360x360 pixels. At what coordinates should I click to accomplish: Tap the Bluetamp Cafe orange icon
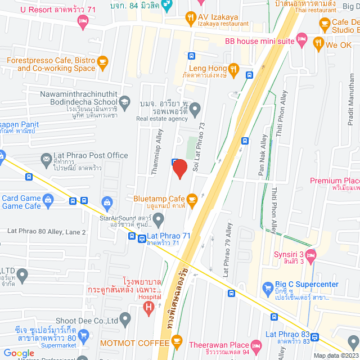point(192,199)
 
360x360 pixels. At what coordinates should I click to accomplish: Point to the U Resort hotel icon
point(83,21)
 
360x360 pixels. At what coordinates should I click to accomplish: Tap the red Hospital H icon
point(148,307)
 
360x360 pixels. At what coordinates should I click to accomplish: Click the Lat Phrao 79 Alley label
point(227,250)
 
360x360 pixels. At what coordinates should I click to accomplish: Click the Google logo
point(19,353)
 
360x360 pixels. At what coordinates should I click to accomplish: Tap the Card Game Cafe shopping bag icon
point(48,198)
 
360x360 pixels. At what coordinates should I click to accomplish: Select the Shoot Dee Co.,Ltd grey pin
point(125,319)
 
